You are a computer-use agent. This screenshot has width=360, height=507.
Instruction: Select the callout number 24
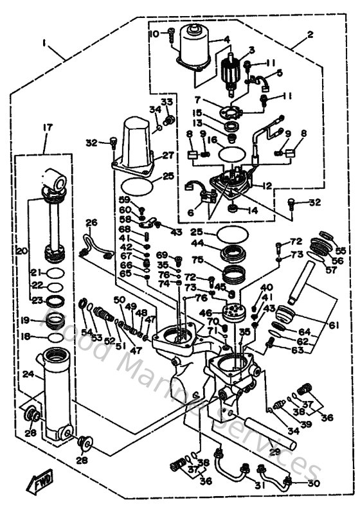27,373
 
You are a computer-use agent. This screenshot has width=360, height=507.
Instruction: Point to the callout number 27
169,155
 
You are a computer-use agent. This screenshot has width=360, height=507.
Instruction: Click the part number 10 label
154,33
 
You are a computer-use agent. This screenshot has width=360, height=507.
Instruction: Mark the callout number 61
334,326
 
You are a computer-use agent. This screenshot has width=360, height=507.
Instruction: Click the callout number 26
91,223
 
